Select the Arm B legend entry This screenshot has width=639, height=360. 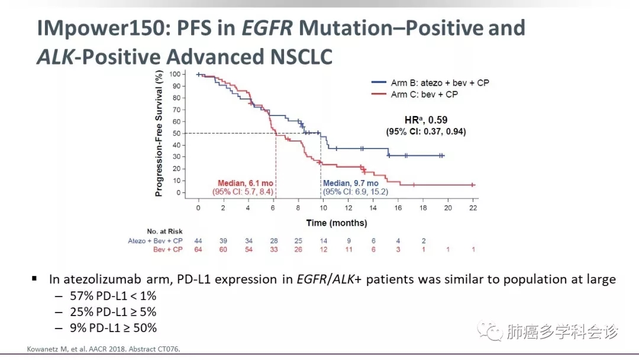pyautogui.click(x=430, y=83)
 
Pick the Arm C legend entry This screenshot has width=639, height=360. pyautogui.click(x=414, y=95)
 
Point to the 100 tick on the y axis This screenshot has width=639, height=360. pyautogui.click(x=175, y=74)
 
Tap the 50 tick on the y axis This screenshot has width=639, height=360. pyautogui.click(x=176, y=133)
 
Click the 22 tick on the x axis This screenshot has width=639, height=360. pyautogui.click(x=473, y=208)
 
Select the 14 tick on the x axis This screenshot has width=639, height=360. pyautogui.click(x=373, y=208)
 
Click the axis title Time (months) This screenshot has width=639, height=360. pyautogui.click(x=337, y=223)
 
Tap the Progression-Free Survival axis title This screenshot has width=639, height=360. pyautogui.click(x=159, y=134)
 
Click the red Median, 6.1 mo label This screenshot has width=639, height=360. pyautogui.click(x=246, y=184)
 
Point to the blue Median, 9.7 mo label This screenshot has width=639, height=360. pyautogui.click(x=351, y=184)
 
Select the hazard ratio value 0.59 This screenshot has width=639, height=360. pyautogui.click(x=437, y=120)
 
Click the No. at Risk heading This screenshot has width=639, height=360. pyautogui.click(x=164, y=231)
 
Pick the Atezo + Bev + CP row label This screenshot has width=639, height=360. pyautogui.click(x=155, y=241)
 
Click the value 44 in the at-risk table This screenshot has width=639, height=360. pyautogui.click(x=198, y=241)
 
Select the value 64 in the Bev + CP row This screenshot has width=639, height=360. pyautogui.click(x=198, y=249)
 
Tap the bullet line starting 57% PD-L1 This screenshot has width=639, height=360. pyautogui.click(x=113, y=295)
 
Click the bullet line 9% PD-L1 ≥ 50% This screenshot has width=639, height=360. pyautogui.click(x=113, y=328)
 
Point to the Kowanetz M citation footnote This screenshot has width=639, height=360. pyautogui.click(x=104, y=349)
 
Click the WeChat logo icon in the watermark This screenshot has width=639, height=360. pyautogui.click(x=490, y=330)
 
